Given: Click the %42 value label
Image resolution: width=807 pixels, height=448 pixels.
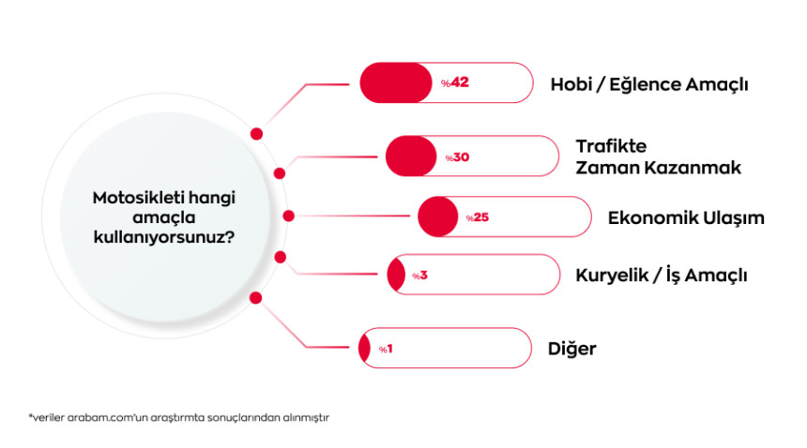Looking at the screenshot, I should pos(455,83).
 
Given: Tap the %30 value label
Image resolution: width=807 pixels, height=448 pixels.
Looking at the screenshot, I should pos(457,157).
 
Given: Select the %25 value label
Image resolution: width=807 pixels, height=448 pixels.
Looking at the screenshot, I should pos(478,217).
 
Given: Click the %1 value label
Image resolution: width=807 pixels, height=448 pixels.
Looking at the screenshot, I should pos(386,349).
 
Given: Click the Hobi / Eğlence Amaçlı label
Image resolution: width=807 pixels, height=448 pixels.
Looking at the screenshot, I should pos(648,84).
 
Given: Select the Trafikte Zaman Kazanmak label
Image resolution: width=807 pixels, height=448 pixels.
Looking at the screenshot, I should pos(658,157).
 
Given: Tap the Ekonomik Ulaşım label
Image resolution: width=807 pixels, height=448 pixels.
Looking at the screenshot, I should pos(686,217).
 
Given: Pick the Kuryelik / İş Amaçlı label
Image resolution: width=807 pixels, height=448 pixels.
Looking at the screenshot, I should pos(661,276).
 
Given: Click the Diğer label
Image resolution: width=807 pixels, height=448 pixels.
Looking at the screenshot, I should pos(571,349).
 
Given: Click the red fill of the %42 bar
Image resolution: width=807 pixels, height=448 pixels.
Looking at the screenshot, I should pos(394,83).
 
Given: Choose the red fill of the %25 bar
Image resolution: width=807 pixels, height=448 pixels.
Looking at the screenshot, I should pos(436,217).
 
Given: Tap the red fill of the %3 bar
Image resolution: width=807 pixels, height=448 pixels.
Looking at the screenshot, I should pos(396,276).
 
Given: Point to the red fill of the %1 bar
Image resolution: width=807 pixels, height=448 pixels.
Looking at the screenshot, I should pos(364,349).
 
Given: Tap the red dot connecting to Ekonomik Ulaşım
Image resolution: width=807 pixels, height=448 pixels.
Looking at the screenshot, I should pos(289,216).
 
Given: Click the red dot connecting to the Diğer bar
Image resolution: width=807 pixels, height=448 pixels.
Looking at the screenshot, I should pos(254,298).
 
